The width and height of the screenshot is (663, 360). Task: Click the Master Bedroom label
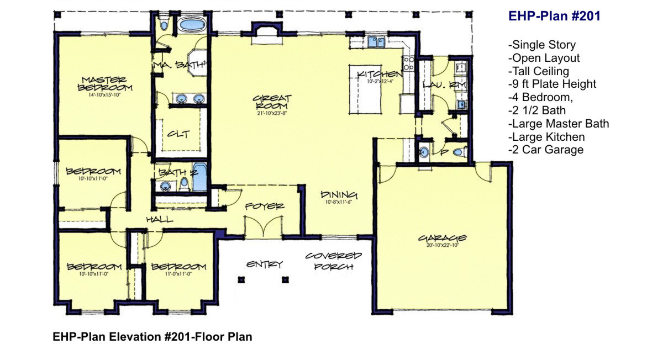105,83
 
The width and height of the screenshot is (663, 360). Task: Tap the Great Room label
272,102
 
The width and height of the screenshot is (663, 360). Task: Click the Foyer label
265,206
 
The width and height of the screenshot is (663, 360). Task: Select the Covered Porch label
333,261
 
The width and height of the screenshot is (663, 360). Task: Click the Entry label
264,264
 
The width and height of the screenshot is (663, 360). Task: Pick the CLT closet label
180,134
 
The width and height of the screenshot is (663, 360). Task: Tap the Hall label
159,220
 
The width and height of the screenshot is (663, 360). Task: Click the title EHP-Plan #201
554,17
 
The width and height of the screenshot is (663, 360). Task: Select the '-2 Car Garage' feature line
545,150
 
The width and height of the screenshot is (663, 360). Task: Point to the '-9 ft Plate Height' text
552,84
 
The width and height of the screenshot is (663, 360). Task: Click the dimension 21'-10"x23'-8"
271,113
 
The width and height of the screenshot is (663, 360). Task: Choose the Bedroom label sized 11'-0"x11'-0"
178,267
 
